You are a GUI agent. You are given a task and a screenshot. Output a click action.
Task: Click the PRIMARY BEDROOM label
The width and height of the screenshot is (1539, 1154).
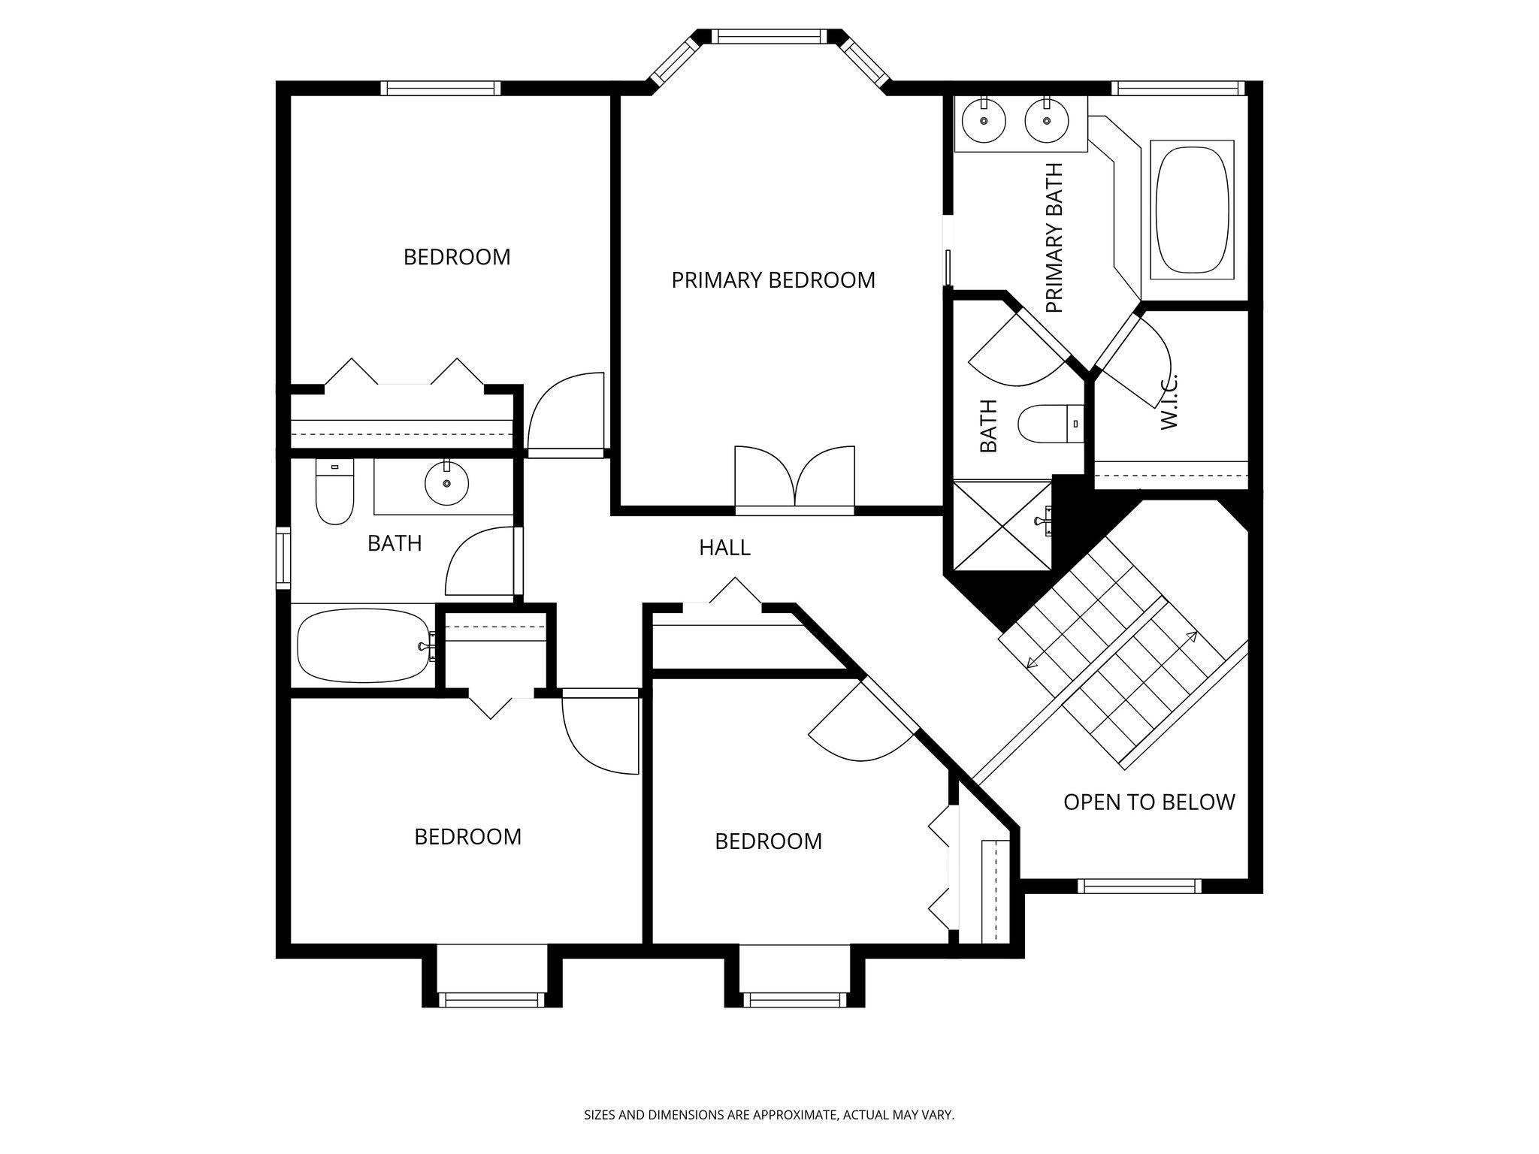[x=773, y=280]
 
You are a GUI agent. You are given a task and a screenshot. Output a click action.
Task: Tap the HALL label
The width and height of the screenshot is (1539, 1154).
[x=724, y=548]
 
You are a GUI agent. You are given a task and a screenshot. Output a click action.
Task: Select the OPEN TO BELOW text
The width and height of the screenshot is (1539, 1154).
[x=1148, y=802]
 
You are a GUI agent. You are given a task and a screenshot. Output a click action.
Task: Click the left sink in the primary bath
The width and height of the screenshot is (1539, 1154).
[x=984, y=121]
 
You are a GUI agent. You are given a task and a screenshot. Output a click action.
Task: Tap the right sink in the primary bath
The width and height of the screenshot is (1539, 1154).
[x=1046, y=121]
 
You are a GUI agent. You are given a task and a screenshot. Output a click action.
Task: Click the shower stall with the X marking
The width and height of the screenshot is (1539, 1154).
[x=1002, y=525]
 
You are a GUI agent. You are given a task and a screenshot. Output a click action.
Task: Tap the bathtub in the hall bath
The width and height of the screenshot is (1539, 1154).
[x=364, y=645]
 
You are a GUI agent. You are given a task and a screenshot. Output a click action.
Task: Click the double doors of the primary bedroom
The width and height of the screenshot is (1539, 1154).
[x=794, y=480]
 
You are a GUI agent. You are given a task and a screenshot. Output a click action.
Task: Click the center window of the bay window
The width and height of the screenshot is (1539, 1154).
[x=768, y=36]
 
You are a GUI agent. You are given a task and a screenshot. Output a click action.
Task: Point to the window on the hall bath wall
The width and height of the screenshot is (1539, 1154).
[x=283, y=557]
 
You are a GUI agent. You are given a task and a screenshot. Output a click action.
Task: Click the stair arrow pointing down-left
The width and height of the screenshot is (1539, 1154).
[x=1031, y=662]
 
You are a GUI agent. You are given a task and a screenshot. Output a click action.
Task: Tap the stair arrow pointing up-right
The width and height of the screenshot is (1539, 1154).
[x=1191, y=637]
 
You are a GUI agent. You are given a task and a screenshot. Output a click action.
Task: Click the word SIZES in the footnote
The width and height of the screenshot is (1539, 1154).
[x=600, y=1115]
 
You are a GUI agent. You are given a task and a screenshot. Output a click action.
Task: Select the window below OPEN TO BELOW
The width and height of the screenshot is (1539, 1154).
[x=1139, y=887]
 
